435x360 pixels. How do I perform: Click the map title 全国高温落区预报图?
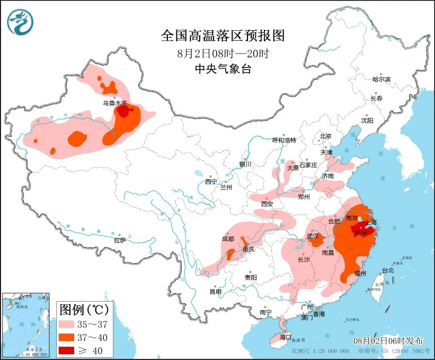tap(223, 36)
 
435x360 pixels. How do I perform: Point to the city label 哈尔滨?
tap(381, 80)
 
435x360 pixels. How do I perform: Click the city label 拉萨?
tap(120, 240)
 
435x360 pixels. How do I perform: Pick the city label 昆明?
tap(215, 291)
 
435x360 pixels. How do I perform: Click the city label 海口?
tap(286, 337)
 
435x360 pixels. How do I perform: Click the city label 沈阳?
tap(367, 120)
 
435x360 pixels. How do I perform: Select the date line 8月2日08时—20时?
tap(223, 53)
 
